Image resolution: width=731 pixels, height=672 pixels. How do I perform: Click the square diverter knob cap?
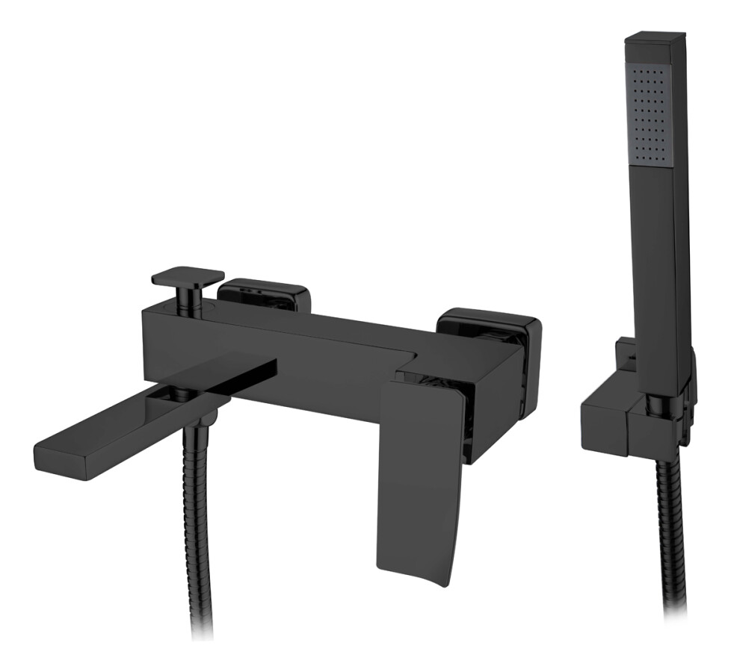(188, 276)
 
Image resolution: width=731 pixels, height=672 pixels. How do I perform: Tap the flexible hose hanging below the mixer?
(191, 523)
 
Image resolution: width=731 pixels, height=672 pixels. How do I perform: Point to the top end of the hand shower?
(656, 37)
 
